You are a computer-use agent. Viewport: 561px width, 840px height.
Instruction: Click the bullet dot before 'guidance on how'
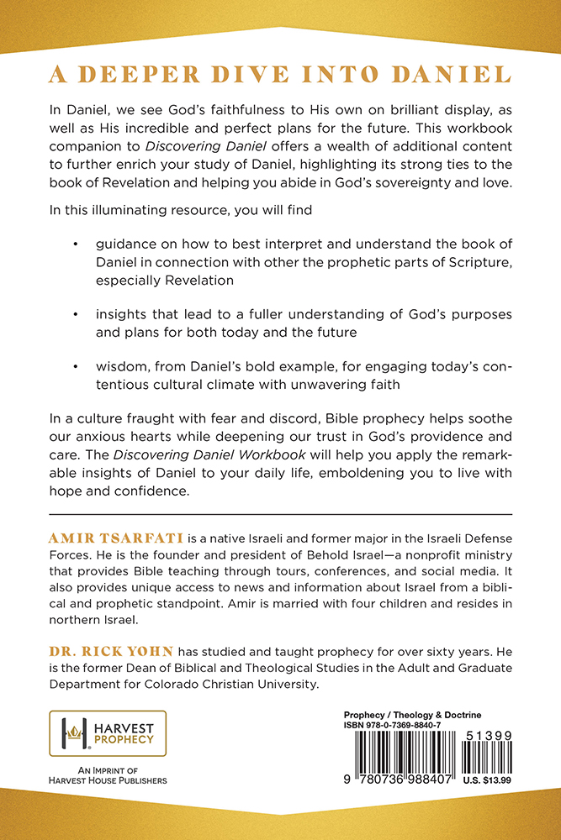coord(77,244)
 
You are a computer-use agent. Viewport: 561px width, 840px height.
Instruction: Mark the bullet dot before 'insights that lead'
coord(77,313)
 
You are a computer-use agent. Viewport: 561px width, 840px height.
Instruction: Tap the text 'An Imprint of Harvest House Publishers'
coord(108,775)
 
